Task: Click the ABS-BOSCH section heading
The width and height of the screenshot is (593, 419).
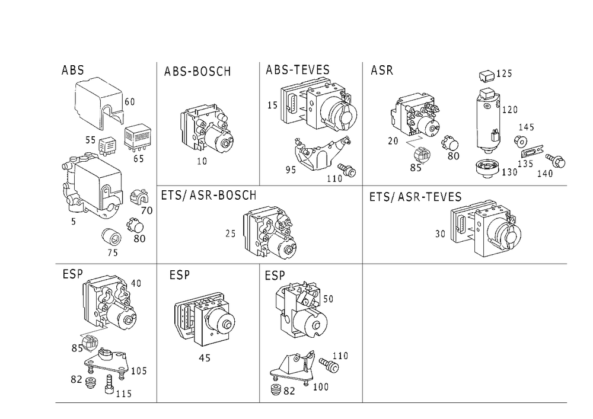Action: (197, 71)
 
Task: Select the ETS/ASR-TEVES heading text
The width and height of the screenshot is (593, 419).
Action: (415, 197)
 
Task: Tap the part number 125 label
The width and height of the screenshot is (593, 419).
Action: (504, 73)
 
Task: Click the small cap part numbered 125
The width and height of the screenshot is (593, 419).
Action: (487, 76)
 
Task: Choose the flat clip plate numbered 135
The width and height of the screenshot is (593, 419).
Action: (532, 152)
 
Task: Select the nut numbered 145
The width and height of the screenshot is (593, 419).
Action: (521, 142)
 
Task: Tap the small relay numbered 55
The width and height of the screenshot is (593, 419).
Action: (107, 145)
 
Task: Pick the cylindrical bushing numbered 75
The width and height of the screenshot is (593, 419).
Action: (112, 237)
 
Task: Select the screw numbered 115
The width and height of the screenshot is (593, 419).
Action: (109, 384)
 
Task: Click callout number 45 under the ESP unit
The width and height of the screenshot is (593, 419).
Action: (205, 358)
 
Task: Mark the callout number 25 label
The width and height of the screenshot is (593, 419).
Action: (230, 234)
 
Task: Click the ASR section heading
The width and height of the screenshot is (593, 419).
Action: (381, 70)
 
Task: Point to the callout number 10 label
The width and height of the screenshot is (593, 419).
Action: (202, 161)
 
